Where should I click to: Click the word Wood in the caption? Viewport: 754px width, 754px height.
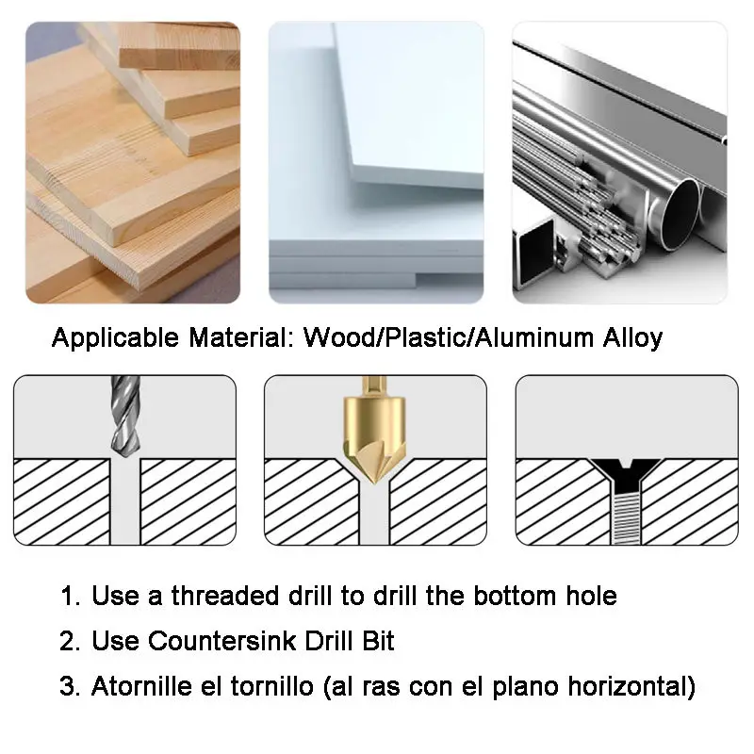click(341, 337)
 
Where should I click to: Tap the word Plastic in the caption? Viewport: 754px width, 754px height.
click(425, 337)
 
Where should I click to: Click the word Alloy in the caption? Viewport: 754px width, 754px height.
click(632, 339)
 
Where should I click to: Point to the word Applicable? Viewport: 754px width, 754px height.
click(115, 338)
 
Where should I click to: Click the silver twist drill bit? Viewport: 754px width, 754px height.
click(125, 417)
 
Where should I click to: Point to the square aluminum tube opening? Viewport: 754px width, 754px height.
click(534, 254)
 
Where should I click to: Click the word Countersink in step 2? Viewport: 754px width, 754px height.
click(221, 641)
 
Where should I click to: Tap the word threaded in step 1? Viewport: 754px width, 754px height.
click(225, 596)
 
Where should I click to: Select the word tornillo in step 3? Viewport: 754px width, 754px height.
click(271, 686)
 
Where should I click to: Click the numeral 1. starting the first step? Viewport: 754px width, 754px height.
click(71, 597)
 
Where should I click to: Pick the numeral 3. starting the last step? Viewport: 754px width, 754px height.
click(70, 686)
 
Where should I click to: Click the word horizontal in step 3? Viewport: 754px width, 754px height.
click(627, 686)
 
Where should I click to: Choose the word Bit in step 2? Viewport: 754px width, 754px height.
click(378, 641)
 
